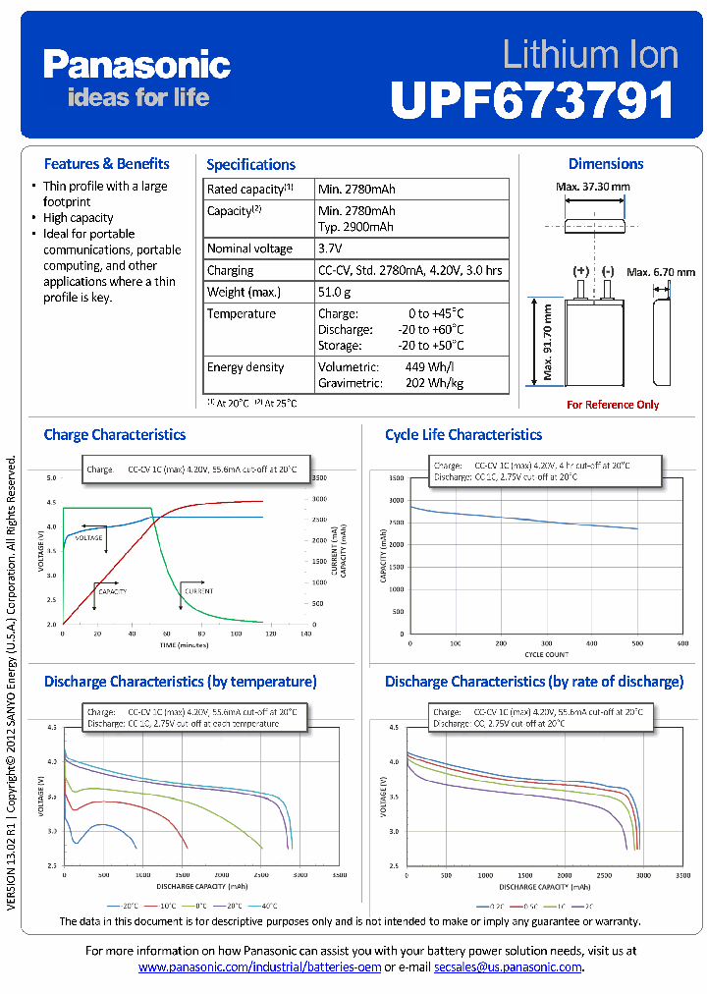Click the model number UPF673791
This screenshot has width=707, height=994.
point(533,100)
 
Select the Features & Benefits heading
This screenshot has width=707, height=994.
point(107,164)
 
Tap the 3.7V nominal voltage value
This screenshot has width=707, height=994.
point(330,248)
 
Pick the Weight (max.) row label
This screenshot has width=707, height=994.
point(244,292)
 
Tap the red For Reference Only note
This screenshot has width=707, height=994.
point(613,405)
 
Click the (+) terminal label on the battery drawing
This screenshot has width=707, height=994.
point(581,270)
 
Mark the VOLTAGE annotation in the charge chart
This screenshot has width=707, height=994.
point(89,538)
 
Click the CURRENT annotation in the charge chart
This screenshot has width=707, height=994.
point(196,591)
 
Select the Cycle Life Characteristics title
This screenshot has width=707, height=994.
point(462,435)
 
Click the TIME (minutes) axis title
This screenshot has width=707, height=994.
point(185,645)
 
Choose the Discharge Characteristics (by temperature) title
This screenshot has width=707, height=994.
point(180,682)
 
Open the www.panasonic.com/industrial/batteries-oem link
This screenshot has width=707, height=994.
point(259,967)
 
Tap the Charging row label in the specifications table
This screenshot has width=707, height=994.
point(230,270)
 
